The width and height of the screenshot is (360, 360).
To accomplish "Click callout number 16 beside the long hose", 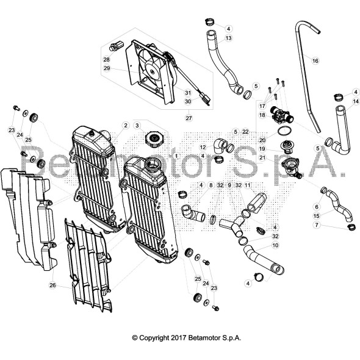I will pyautogui.click(x=315, y=61).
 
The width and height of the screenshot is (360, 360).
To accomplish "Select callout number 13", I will pyautogui.click(x=228, y=38).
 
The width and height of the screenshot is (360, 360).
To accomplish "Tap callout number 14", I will pyautogui.click(x=356, y=101).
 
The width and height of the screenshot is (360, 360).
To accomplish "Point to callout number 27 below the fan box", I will pyautogui.click(x=189, y=117).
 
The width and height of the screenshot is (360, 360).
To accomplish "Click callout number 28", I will pyautogui.click(x=106, y=60).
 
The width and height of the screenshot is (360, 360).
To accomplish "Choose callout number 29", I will pyautogui.click(x=106, y=68).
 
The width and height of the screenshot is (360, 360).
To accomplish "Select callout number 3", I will pyautogui.click(x=138, y=126).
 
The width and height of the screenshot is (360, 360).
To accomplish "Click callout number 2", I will pyautogui.click(x=125, y=126).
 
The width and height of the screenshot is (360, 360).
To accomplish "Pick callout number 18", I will pyautogui.click(x=262, y=115).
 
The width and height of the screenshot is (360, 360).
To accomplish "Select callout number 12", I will pyautogui.click(x=203, y=147).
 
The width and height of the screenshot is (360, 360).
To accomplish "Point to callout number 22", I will pyautogui.click(x=245, y=131).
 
